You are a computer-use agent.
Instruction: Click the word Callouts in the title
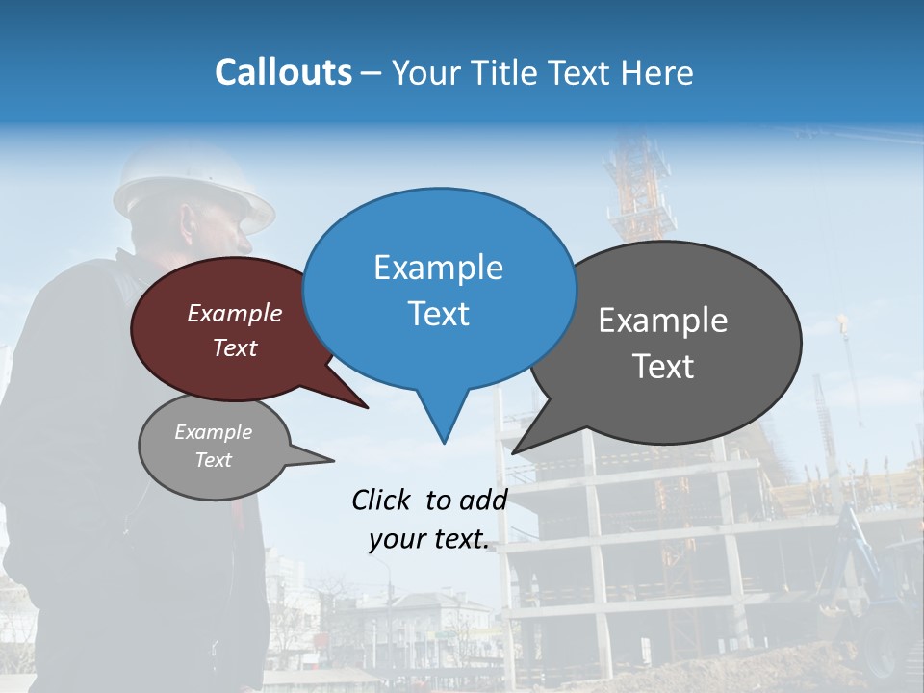[x=283, y=72]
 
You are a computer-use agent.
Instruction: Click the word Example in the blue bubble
[x=438, y=268]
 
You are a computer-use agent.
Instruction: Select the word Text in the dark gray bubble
[x=663, y=367]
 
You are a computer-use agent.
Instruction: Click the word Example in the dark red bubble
[x=235, y=314]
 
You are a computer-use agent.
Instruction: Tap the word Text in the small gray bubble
[x=213, y=460]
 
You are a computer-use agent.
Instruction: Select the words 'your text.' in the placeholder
[x=429, y=539]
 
